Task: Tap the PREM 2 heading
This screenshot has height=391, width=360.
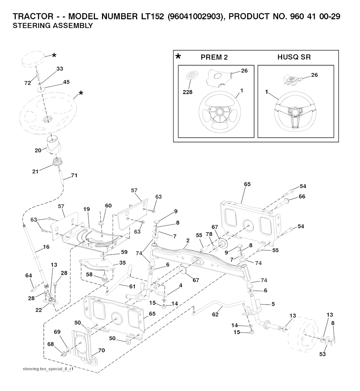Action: click(x=214, y=57)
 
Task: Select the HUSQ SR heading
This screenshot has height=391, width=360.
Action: click(x=294, y=57)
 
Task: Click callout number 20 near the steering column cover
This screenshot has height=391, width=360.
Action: click(x=38, y=150)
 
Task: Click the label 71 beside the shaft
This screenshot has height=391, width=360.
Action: click(x=74, y=175)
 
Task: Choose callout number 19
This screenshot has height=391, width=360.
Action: click(x=86, y=209)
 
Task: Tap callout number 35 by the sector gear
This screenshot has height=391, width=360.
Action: click(x=122, y=263)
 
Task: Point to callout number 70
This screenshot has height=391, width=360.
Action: click(x=102, y=350)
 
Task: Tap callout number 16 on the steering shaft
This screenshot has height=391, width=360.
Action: click(x=46, y=247)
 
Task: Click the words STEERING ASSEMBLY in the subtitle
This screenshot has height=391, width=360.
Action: click(x=52, y=26)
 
